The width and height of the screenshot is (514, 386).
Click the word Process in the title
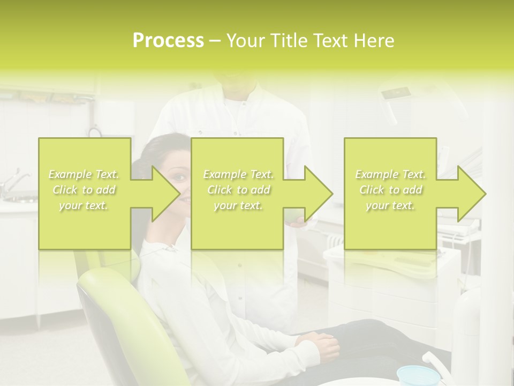point(168,41)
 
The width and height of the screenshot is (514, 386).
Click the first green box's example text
point(84,190)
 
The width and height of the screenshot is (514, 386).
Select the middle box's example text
point(238,190)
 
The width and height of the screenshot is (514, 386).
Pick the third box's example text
point(390,190)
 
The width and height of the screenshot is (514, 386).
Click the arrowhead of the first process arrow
point(165,194)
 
